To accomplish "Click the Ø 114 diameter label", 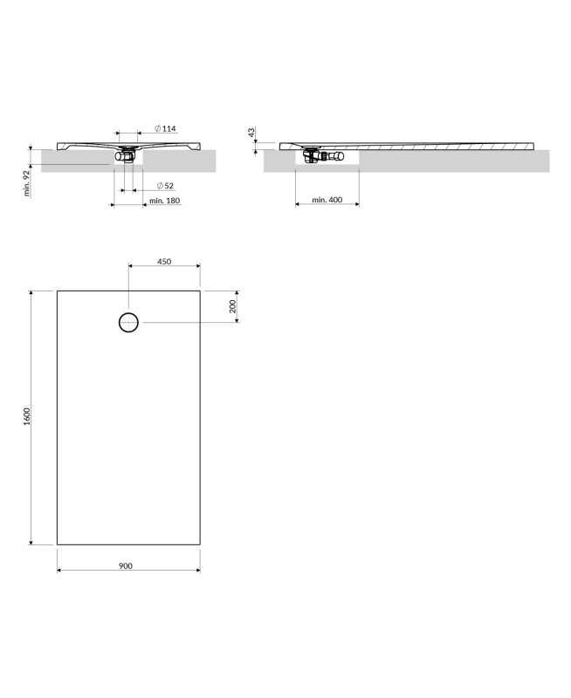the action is pos(165,128).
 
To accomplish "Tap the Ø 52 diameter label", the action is pos(165,186).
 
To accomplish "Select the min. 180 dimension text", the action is pos(165,201).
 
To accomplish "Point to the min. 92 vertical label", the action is pos(27,183).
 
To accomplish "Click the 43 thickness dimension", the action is pos(251,133).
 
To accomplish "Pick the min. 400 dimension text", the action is pos(327,200).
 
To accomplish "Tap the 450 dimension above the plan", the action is pos(164,262).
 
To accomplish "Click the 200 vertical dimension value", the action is pos(232,306).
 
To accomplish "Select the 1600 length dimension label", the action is pos(27,417).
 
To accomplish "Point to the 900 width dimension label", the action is pos(126,565).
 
